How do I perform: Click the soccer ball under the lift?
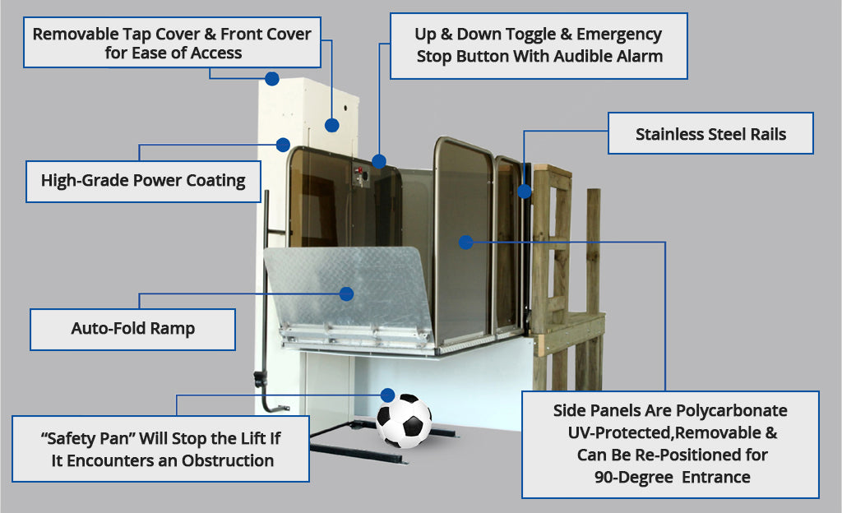click(x=404, y=420)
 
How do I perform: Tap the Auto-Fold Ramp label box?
click(x=132, y=329)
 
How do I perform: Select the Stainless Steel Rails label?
click(x=710, y=134)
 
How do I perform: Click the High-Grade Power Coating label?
click(x=143, y=181)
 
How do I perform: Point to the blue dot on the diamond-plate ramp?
click(x=346, y=293)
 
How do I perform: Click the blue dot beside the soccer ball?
click(x=387, y=395)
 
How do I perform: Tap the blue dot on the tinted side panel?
click(x=465, y=242)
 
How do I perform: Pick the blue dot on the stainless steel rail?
click(x=525, y=191)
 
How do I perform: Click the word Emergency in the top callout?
click(x=619, y=35)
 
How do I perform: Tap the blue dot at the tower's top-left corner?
click(x=271, y=79)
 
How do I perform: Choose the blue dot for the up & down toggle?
click(x=378, y=160)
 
